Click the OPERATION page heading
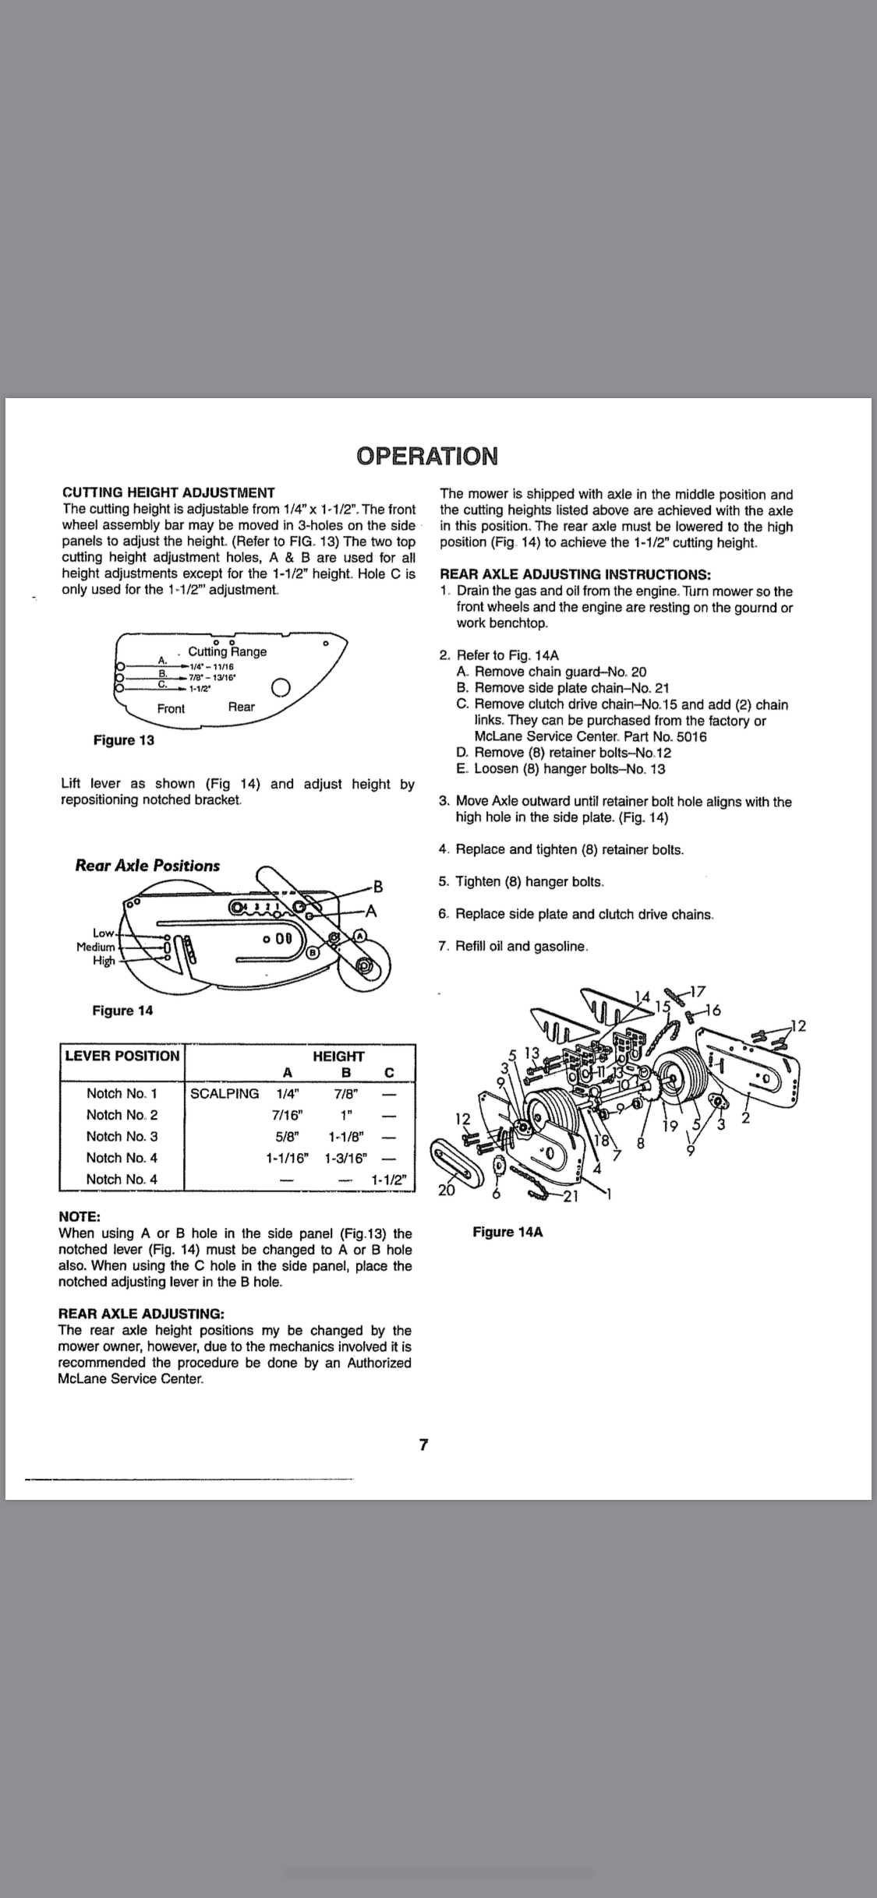tap(426, 456)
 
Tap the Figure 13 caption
tap(123, 740)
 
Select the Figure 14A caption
tap(507, 1232)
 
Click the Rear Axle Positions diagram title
tap(147, 866)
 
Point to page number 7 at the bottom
tap(423, 1445)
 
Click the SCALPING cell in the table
tap(225, 1093)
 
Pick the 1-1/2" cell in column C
tap(389, 1180)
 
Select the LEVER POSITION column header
tap(122, 1056)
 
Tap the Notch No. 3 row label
tap(122, 1137)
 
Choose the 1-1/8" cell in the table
tap(344, 1137)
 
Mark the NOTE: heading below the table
tap(80, 1217)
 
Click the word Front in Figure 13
tap(171, 708)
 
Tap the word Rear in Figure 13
tap(241, 707)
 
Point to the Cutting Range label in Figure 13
tap(227, 651)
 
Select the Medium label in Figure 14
tap(95, 947)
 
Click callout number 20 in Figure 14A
tap(447, 1190)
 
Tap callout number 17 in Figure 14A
tap(698, 992)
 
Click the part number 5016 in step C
tap(691, 736)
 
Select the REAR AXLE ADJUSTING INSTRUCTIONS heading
tap(575, 575)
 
